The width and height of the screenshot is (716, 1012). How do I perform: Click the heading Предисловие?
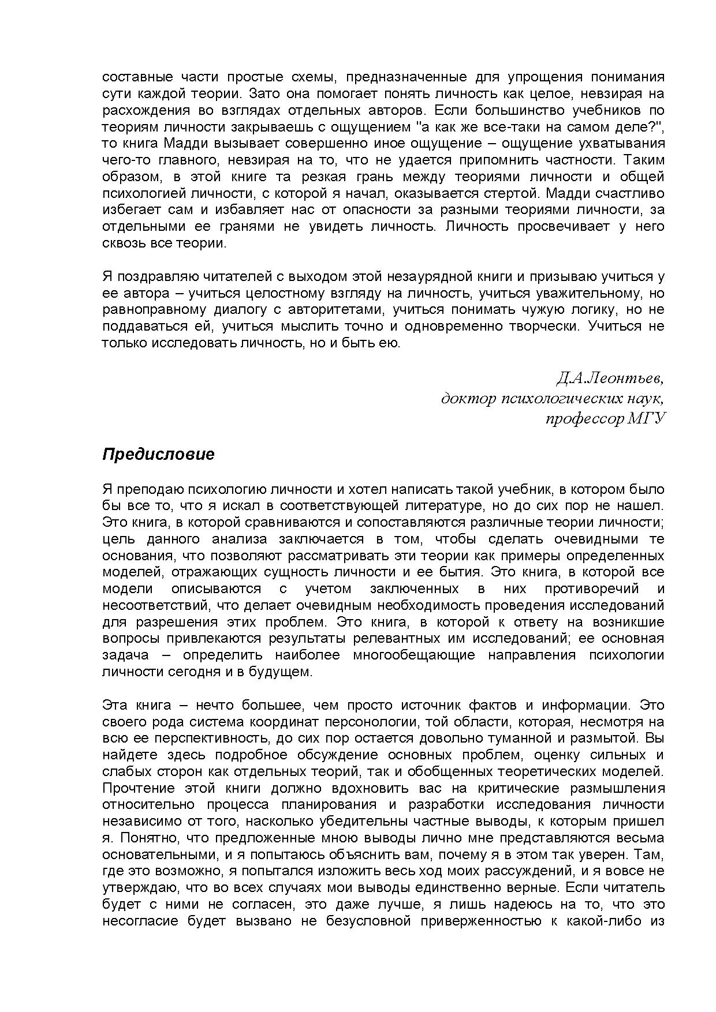point(158,455)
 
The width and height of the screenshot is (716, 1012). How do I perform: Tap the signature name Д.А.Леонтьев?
point(609,378)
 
